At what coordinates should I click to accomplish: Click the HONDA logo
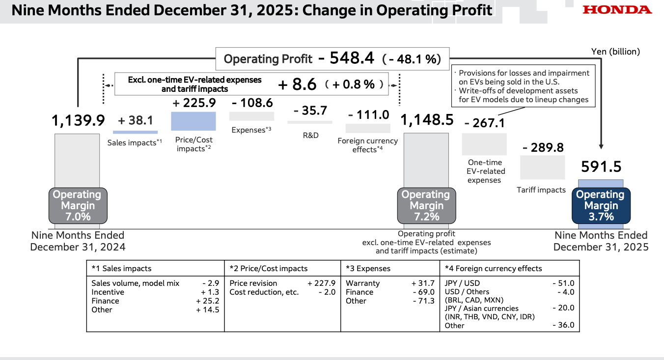pyautogui.click(x=617, y=10)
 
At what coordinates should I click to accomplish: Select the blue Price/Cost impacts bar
pyautogui.click(x=193, y=121)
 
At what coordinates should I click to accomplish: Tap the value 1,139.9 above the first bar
pyautogui.click(x=78, y=120)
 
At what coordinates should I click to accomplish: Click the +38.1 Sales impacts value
pyautogui.click(x=136, y=120)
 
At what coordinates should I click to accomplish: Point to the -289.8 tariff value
pyautogui.click(x=543, y=147)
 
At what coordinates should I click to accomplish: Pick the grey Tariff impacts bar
pyautogui.click(x=542, y=167)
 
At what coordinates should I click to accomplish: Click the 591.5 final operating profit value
pyautogui.click(x=601, y=166)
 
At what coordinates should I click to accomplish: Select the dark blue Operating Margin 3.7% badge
pyautogui.click(x=600, y=205)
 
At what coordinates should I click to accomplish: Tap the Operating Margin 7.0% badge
pyautogui.click(x=77, y=205)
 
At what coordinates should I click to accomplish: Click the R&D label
pyautogui.click(x=310, y=135)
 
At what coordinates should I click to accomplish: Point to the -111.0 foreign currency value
pyautogui.click(x=368, y=115)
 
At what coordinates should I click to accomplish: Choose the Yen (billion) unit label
pyautogui.click(x=615, y=51)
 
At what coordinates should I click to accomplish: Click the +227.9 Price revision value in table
pyautogui.click(x=322, y=283)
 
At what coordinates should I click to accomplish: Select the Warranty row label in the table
pyautogui.click(x=362, y=283)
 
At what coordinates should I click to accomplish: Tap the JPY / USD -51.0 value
pyautogui.click(x=563, y=283)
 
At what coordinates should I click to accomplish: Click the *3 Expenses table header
pyautogui.click(x=368, y=269)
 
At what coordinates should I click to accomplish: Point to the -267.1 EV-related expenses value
pyautogui.click(x=484, y=123)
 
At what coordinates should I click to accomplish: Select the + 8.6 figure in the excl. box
pyautogui.click(x=298, y=84)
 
